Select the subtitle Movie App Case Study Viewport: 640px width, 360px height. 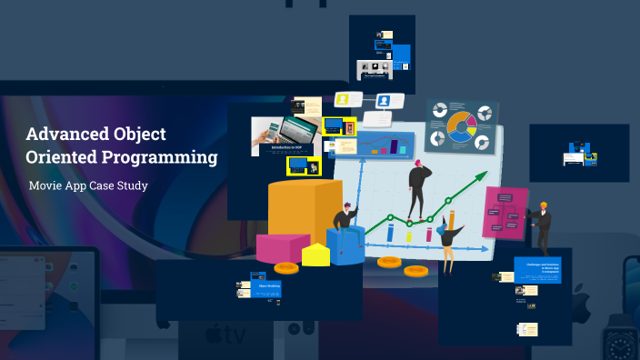(x=88, y=185)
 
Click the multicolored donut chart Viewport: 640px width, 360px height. (x=462, y=127)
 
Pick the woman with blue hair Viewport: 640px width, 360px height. (x=449, y=238)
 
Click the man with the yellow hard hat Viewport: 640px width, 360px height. (x=543, y=226)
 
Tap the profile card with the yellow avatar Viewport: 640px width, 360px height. (x=346, y=99)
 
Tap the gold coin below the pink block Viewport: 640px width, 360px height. (x=285, y=268)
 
